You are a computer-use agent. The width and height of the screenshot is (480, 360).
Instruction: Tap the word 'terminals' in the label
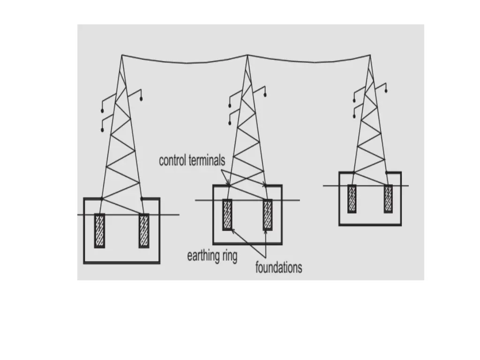click(x=206, y=161)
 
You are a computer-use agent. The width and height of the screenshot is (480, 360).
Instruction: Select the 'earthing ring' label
click(x=212, y=256)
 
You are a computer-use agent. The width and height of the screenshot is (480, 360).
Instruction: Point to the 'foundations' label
click(x=278, y=268)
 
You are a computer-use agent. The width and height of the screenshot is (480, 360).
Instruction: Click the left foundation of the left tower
click(x=99, y=231)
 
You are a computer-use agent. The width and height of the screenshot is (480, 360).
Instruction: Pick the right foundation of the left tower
click(x=143, y=231)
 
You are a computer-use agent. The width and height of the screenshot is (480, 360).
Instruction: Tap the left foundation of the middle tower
click(x=227, y=215)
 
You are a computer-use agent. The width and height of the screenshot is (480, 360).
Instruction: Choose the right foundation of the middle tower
click(x=268, y=215)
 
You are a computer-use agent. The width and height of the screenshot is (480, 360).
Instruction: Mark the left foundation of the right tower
click(x=352, y=199)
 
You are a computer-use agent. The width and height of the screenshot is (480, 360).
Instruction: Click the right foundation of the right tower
click(x=388, y=199)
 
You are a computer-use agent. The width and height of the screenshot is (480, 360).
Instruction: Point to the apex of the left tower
click(x=122, y=55)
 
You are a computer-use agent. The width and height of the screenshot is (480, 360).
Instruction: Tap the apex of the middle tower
click(x=247, y=55)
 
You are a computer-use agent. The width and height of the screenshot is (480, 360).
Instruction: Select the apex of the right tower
click(x=370, y=55)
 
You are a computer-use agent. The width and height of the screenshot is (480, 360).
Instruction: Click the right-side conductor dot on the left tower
click(x=141, y=99)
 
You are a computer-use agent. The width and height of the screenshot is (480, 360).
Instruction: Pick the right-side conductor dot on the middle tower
click(x=265, y=95)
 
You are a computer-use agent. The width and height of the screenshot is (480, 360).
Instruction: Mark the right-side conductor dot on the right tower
click(x=386, y=90)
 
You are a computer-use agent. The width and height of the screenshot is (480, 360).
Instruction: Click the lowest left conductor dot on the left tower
click(x=102, y=130)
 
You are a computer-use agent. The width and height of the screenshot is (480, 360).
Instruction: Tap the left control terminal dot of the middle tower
click(x=228, y=186)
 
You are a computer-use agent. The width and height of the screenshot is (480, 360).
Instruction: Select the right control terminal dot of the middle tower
click(x=265, y=186)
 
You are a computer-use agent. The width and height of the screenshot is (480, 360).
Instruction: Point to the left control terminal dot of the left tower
click(x=101, y=199)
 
